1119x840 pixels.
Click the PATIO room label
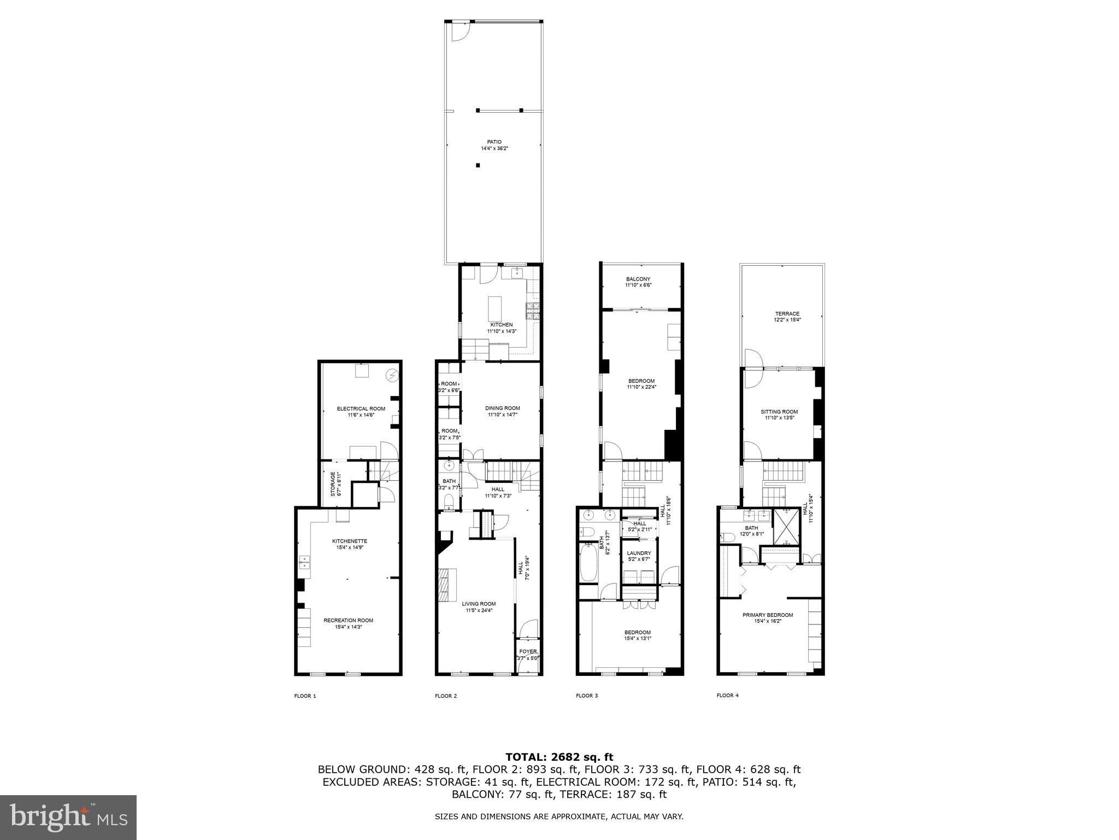coord(494,142)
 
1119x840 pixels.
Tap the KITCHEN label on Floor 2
coord(501,325)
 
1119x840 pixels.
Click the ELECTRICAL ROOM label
coord(361,409)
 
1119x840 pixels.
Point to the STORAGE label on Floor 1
coord(332,484)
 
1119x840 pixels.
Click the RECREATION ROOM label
coord(348,620)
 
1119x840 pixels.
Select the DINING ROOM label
coord(502,408)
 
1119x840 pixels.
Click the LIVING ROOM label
coord(479,604)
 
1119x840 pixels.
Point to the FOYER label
coord(528,651)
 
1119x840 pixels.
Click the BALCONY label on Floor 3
coord(638,279)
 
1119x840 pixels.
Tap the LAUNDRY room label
coord(639,553)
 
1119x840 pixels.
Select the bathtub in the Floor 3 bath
coord(588,562)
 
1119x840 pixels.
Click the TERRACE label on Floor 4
coord(787,314)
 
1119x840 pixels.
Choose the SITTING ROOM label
coord(779,412)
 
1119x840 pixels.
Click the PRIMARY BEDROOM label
coord(767,615)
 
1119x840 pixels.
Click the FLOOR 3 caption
coord(586,696)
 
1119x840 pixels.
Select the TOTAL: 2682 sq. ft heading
coord(559,757)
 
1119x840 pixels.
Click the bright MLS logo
coord(68,817)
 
